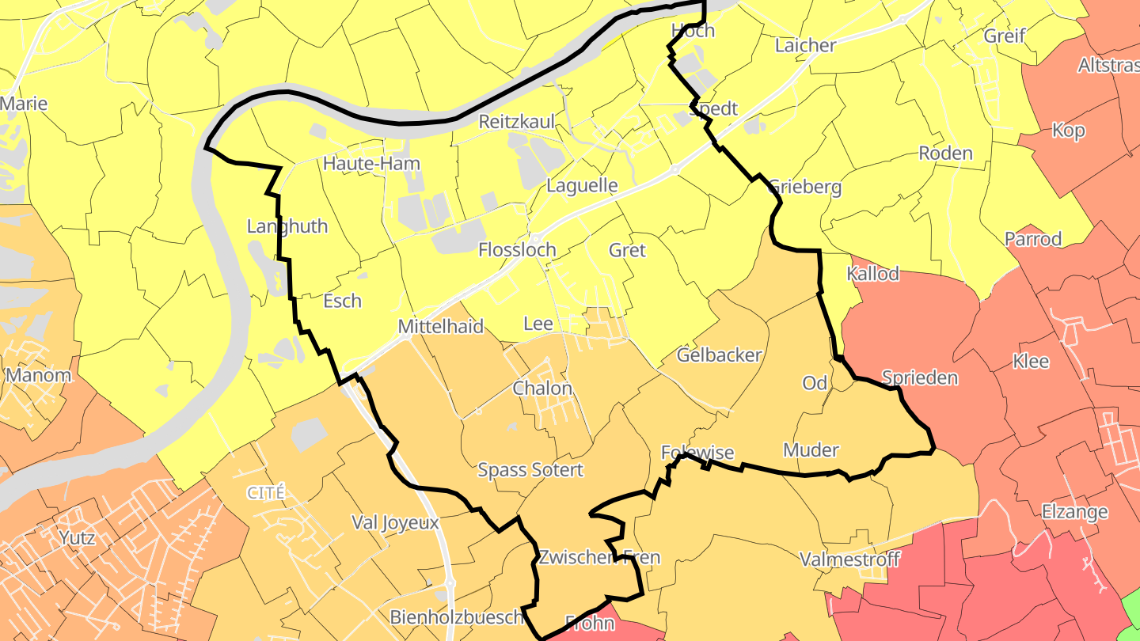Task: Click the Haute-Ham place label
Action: (371, 164)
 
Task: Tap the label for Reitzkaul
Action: (516, 122)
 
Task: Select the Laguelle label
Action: (582, 186)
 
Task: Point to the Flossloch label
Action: (517, 249)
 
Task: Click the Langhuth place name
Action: (287, 226)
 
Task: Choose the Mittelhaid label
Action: (440, 326)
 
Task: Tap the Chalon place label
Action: (542, 388)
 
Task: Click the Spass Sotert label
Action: (530, 469)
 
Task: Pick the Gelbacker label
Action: (719, 355)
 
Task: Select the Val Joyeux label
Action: (395, 522)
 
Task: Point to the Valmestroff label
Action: (849, 559)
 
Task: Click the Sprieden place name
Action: (920, 377)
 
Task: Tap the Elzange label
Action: (1074, 511)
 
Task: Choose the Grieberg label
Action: (805, 188)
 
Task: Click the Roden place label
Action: (945, 153)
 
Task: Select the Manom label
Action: (38, 375)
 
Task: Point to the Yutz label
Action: (77, 538)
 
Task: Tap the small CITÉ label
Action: (265, 492)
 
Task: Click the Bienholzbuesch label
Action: (457, 616)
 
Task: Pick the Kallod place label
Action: (873, 274)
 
